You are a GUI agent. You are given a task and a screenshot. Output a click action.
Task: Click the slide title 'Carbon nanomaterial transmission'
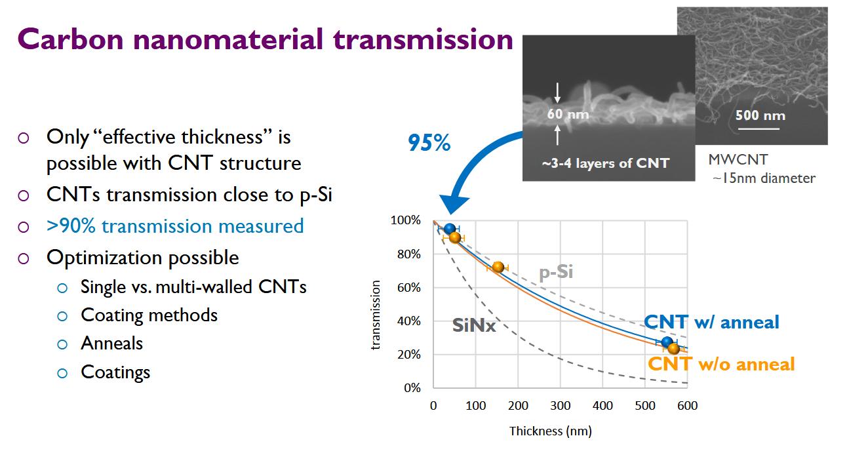tap(266, 39)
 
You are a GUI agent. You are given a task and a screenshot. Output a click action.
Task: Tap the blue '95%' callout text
tap(429, 143)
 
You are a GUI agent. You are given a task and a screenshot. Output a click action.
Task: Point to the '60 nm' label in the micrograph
tap(568, 114)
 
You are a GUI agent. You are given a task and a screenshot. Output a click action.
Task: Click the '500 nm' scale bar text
tap(760, 115)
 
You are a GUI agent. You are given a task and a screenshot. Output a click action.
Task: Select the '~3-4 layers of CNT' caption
tap(605, 163)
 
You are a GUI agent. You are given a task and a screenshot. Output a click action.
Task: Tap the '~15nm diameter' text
tap(764, 178)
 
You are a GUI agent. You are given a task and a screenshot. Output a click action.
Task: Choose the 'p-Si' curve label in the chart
tap(556, 271)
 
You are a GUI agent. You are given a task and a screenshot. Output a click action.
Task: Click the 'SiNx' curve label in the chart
tap(474, 325)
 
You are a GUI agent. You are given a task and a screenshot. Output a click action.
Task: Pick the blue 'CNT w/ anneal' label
tap(711, 322)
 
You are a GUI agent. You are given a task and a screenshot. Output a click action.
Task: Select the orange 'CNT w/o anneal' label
tap(721, 364)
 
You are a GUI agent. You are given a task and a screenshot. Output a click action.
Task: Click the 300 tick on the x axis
tap(561, 406)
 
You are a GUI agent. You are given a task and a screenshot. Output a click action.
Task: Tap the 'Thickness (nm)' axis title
tap(551, 431)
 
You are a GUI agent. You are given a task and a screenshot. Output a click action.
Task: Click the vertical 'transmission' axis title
tap(376, 315)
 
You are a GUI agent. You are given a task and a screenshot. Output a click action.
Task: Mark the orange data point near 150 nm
tap(498, 267)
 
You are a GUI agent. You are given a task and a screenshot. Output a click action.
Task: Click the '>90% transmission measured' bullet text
tap(175, 226)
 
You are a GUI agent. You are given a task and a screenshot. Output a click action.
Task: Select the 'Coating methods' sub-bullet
tap(149, 315)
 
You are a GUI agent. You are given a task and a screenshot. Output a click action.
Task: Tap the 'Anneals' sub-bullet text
tap(111, 344)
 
